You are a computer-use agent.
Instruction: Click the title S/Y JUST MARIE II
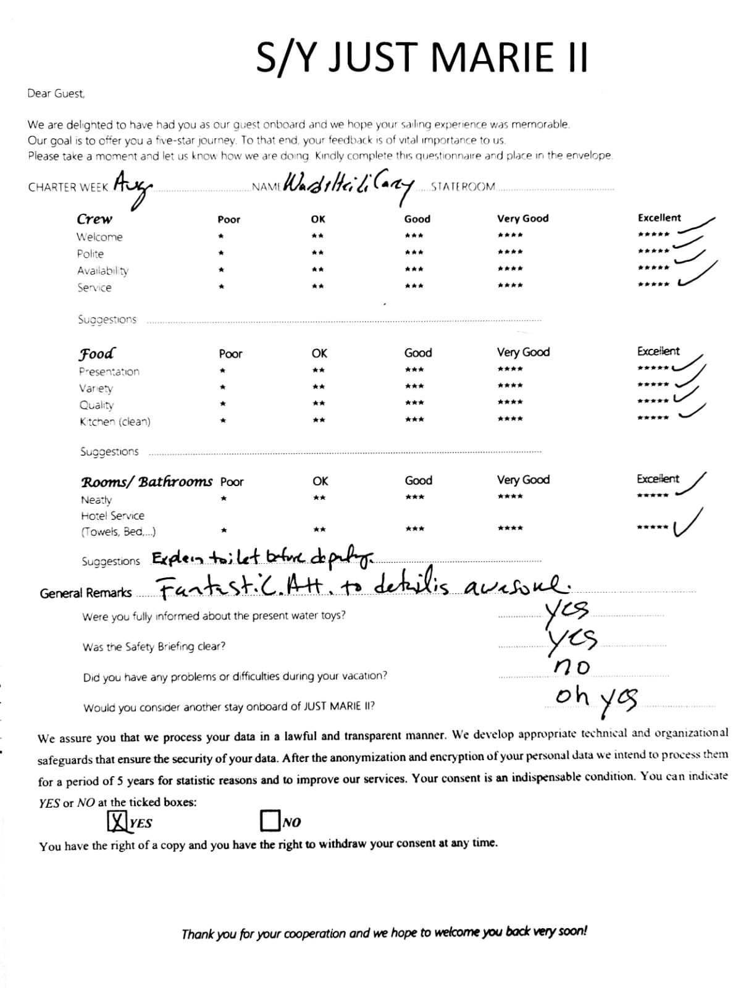[422, 57]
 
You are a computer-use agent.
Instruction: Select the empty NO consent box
[270, 821]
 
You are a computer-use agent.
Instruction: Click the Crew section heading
[94, 219]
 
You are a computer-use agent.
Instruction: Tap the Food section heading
[96, 354]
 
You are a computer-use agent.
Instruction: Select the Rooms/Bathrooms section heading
[146, 482]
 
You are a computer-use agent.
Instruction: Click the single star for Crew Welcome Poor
[221, 236]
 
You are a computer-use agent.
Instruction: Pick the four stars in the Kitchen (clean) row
[510, 419]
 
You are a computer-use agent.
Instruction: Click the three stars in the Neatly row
[415, 497]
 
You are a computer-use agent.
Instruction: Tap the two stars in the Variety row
[319, 387]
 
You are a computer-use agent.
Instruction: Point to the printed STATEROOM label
[463, 186]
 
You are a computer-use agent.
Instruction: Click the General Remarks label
[85, 593]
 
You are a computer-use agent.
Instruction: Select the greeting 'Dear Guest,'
[56, 93]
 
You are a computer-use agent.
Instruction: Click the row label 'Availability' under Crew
[103, 270]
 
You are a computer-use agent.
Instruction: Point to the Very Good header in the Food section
[523, 352]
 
